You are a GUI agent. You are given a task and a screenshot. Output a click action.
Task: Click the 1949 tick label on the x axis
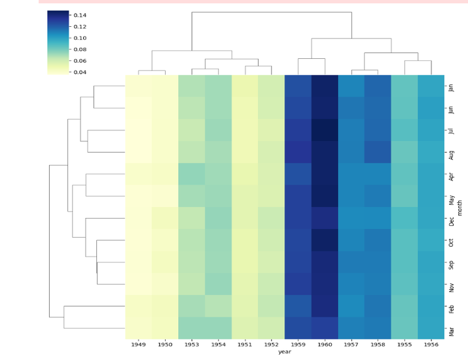click(139, 344)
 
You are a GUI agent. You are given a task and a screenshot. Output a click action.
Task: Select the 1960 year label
click(325, 344)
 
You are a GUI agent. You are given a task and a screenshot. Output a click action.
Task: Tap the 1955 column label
click(405, 344)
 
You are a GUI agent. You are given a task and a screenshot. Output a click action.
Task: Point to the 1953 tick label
click(192, 344)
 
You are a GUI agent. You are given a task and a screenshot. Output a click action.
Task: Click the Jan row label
click(450, 86)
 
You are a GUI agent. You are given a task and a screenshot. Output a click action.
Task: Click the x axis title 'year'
click(285, 352)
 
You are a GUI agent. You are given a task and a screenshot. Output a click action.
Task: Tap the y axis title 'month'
click(459, 208)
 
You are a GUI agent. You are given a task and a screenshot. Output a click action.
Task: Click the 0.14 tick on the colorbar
click(80, 15)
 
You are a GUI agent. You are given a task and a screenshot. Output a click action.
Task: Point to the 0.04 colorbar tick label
click(80, 72)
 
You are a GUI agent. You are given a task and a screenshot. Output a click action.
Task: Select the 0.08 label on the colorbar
click(80, 49)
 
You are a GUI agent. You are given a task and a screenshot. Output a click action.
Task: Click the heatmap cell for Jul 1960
click(325, 130)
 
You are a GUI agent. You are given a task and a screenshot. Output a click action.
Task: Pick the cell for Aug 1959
click(298, 153)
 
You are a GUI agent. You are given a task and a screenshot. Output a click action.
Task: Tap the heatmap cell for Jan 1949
click(139, 86)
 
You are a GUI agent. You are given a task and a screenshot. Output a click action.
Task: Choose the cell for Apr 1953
click(192, 175)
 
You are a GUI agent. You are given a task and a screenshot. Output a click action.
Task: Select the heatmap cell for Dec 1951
click(245, 219)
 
